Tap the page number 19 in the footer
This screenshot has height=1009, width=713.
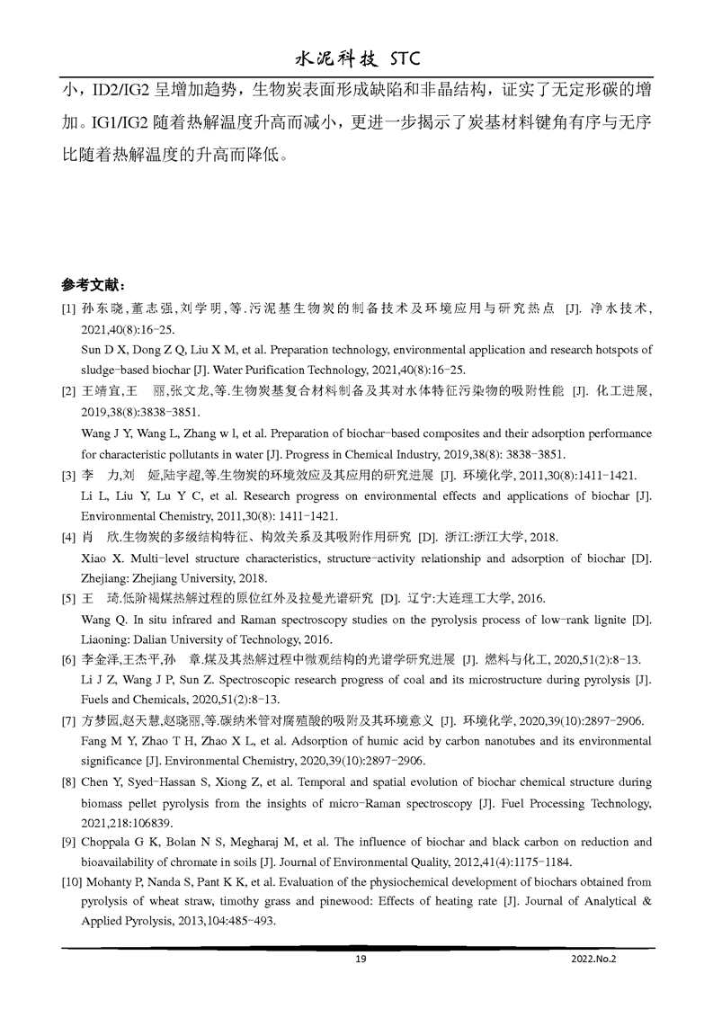click(x=361, y=960)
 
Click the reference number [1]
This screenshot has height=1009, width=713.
click(x=68, y=308)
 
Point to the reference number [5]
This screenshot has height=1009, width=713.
click(x=68, y=599)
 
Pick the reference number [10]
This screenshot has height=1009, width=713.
click(x=71, y=882)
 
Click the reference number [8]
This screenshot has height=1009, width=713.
click(x=68, y=781)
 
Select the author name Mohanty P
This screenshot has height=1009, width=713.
click(x=117, y=882)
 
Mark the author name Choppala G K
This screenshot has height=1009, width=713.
click(x=120, y=843)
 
